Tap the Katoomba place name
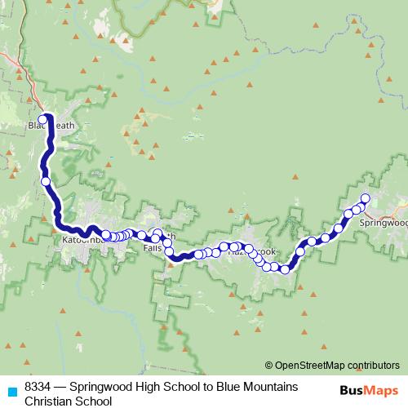(x=82, y=241)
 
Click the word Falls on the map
(x=153, y=247)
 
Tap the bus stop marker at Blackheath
(x=42, y=118)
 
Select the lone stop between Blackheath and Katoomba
(x=46, y=181)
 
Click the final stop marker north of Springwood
(x=365, y=198)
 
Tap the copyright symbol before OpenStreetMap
(x=268, y=365)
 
